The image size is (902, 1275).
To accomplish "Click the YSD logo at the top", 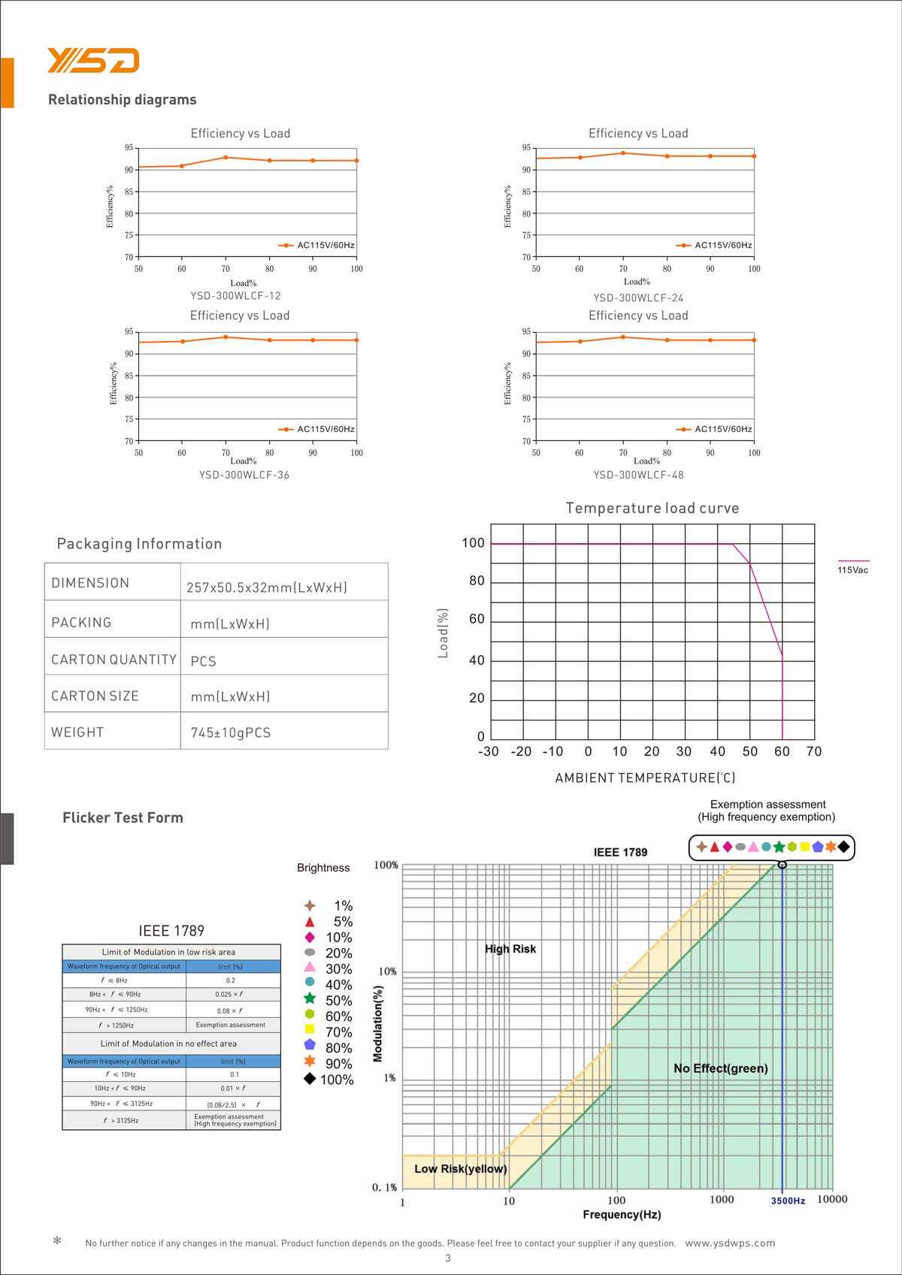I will pyautogui.click(x=93, y=60).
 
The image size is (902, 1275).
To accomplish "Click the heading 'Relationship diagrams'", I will pyautogui.click(x=122, y=100).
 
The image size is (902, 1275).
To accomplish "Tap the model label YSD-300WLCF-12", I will pyautogui.click(x=235, y=296).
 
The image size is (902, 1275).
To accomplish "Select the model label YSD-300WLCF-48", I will pyautogui.click(x=638, y=475).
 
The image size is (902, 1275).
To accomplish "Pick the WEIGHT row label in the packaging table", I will pyautogui.click(x=77, y=733).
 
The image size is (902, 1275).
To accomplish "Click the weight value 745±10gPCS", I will pyautogui.click(x=231, y=733).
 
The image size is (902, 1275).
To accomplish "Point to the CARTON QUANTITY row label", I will pyautogui.click(x=114, y=660).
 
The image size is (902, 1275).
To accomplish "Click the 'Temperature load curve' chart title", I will pyautogui.click(x=652, y=509).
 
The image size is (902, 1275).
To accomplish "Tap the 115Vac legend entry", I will pyautogui.click(x=852, y=570).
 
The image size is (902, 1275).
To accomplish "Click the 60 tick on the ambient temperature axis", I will pyautogui.click(x=782, y=751).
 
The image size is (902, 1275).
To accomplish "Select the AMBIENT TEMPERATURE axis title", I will pyautogui.click(x=645, y=778).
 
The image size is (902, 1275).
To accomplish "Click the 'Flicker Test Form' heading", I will pyautogui.click(x=123, y=818).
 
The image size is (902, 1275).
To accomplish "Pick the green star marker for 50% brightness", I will pyautogui.click(x=310, y=999).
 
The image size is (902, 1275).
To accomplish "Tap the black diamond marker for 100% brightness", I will pyautogui.click(x=310, y=1079).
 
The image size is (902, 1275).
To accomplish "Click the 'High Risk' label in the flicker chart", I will pyautogui.click(x=510, y=949).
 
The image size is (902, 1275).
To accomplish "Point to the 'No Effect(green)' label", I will pyautogui.click(x=720, y=1068).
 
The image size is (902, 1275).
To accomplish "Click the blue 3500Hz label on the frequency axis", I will pyautogui.click(x=788, y=1201).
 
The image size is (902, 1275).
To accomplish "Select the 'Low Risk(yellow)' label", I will pyautogui.click(x=460, y=1169).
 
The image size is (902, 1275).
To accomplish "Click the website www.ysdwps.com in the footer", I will pyautogui.click(x=730, y=1243).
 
